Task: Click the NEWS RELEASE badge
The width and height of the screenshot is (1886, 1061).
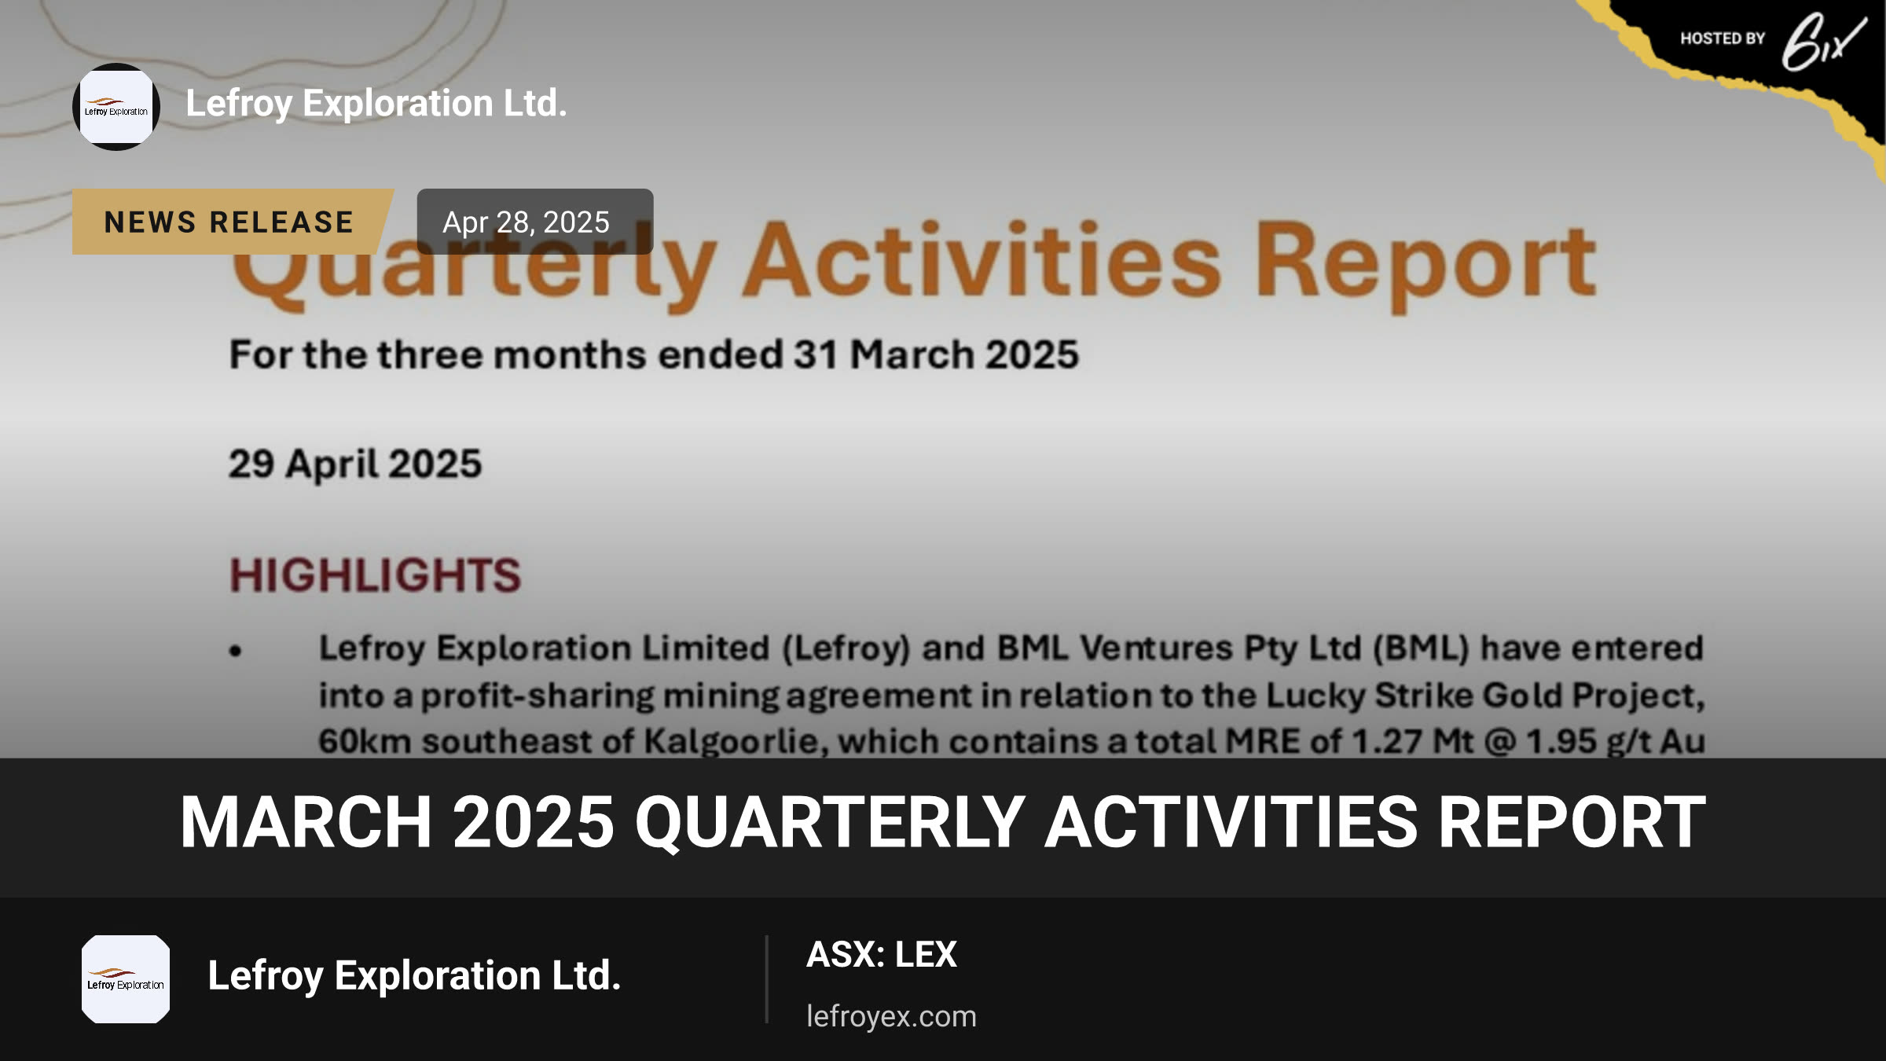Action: point(233,222)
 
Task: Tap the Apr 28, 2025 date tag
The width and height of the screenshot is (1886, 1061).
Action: point(534,222)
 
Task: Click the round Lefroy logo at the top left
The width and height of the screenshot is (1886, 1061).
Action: point(116,107)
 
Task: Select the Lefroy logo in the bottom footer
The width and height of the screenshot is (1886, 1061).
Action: point(126,979)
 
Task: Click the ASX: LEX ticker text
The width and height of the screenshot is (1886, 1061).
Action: point(882,955)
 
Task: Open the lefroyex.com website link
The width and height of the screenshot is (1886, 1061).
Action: point(891,1016)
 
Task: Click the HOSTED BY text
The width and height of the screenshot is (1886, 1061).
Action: point(1723,39)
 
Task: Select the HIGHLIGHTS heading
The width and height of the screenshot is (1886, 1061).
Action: point(376,575)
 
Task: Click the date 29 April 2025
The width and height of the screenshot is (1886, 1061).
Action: point(355,464)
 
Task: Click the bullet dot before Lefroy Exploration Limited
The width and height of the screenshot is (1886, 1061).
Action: point(236,651)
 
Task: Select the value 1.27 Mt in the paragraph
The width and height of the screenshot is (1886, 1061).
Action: point(1412,741)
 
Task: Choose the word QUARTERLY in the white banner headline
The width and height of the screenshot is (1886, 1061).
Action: point(830,822)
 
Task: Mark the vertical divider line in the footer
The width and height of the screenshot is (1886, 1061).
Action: point(766,979)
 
